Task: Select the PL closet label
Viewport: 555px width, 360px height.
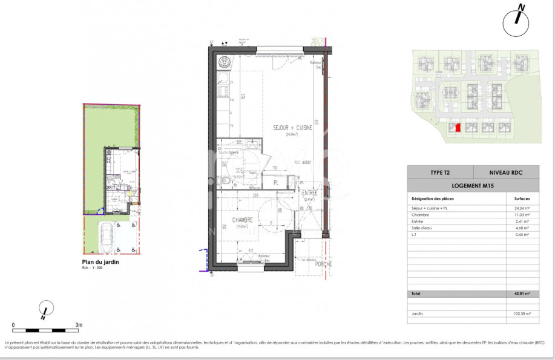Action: click(275, 183)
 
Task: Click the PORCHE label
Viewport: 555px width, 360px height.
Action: click(323, 264)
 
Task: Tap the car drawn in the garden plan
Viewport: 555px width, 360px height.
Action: click(106, 238)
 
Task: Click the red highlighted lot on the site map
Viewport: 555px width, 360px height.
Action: click(458, 127)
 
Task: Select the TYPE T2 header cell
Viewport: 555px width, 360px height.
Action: click(440, 172)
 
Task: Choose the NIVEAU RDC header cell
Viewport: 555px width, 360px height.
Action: click(505, 172)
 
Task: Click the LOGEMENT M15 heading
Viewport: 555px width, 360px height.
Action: click(473, 186)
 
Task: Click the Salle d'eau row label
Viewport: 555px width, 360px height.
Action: click(422, 228)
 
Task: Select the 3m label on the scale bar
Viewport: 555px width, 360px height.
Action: click(79, 325)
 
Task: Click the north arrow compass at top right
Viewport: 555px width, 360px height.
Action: click(516, 20)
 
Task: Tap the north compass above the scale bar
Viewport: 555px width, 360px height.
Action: click(44, 309)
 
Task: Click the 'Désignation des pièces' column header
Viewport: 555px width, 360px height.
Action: click(433, 198)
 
